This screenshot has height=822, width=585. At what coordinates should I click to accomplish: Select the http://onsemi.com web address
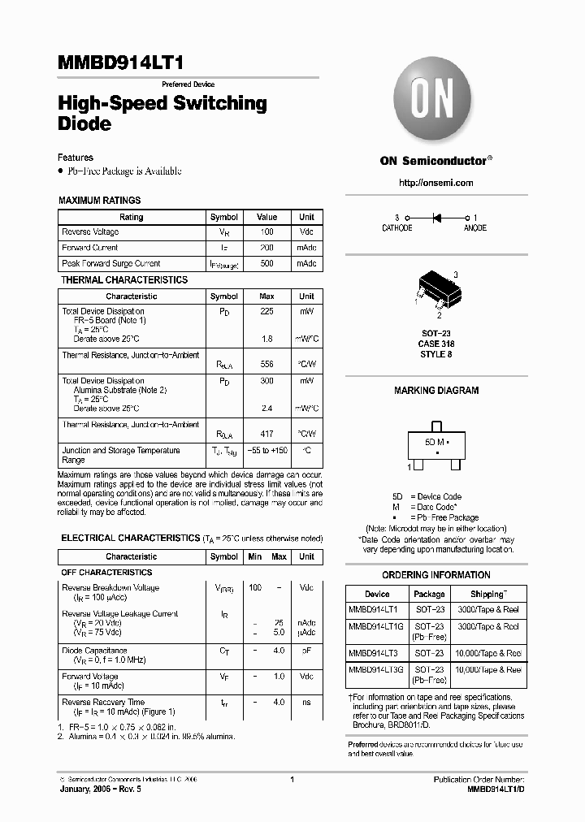pyautogui.click(x=435, y=183)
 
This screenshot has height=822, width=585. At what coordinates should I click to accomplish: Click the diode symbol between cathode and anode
pyautogui.click(x=436, y=218)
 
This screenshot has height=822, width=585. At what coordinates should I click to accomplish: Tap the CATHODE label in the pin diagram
pyautogui.click(x=397, y=228)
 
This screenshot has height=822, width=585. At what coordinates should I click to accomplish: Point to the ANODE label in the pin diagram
pyautogui.click(x=474, y=228)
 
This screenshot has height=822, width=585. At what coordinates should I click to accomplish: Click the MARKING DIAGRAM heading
pyautogui.click(x=436, y=391)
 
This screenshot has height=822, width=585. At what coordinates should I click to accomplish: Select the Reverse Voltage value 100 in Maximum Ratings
pyautogui.click(x=266, y=232)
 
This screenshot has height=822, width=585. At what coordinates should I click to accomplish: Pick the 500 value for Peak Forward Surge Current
pyautogui.click(x=266, y=264)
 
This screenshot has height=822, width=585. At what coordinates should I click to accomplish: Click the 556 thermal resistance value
pyautogui.click(x=266, y=365)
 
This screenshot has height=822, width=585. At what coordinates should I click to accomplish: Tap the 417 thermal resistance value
pyautogui.click(x=266, y=434)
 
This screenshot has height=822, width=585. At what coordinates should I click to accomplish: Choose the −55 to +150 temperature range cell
pyautogui.click(x=266, y=450)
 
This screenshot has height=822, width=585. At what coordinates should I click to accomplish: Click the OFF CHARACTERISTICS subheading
pyautogui.click(x=106, y=573)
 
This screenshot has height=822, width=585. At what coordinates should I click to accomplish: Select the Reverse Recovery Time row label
pyautogui.click(x=103, y=702)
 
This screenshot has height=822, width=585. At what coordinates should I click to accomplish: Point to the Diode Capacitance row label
pyautogui.click(x=94, y=651)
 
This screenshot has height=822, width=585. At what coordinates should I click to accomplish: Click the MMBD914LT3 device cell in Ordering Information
pyautogui.click(x=374, y=653)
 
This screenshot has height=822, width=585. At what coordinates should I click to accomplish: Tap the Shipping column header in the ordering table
pyautogui.click(x=487, y=594)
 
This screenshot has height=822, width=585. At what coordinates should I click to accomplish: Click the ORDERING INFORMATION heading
pyautogui.click(x=436, y=575)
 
